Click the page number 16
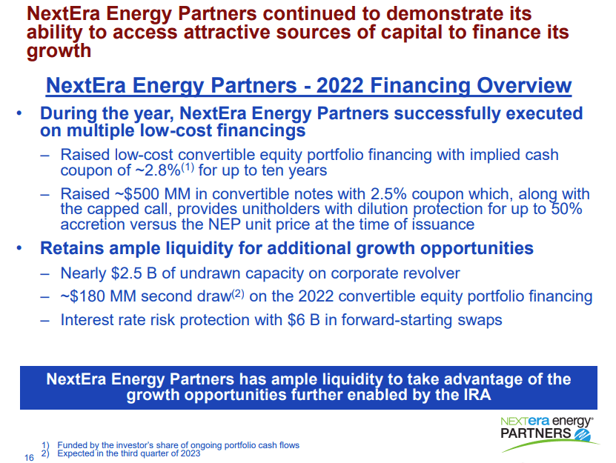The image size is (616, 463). coord(29,458)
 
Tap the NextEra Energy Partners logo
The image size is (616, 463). coord(549,427)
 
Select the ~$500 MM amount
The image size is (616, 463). coord(148,194)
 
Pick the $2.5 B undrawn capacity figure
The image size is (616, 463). coord(139,273)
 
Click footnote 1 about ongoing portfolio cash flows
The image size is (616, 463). coord(177,445)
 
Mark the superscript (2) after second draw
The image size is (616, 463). coord(238,293)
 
